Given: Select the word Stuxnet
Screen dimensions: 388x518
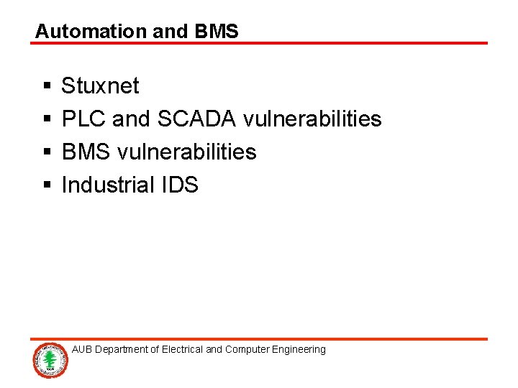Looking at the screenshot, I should click(x=100, y=86).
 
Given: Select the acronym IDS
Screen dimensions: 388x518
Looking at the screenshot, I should click(x=178, y=185).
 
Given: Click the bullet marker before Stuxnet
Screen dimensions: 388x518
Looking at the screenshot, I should click(x=46, y=87).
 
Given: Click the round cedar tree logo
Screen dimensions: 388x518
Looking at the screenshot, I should click(x=50, y=359).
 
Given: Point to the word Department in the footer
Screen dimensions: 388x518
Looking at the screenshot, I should click(x=122, y=350).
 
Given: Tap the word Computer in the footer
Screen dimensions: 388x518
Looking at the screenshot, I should click(x=247, y=350).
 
